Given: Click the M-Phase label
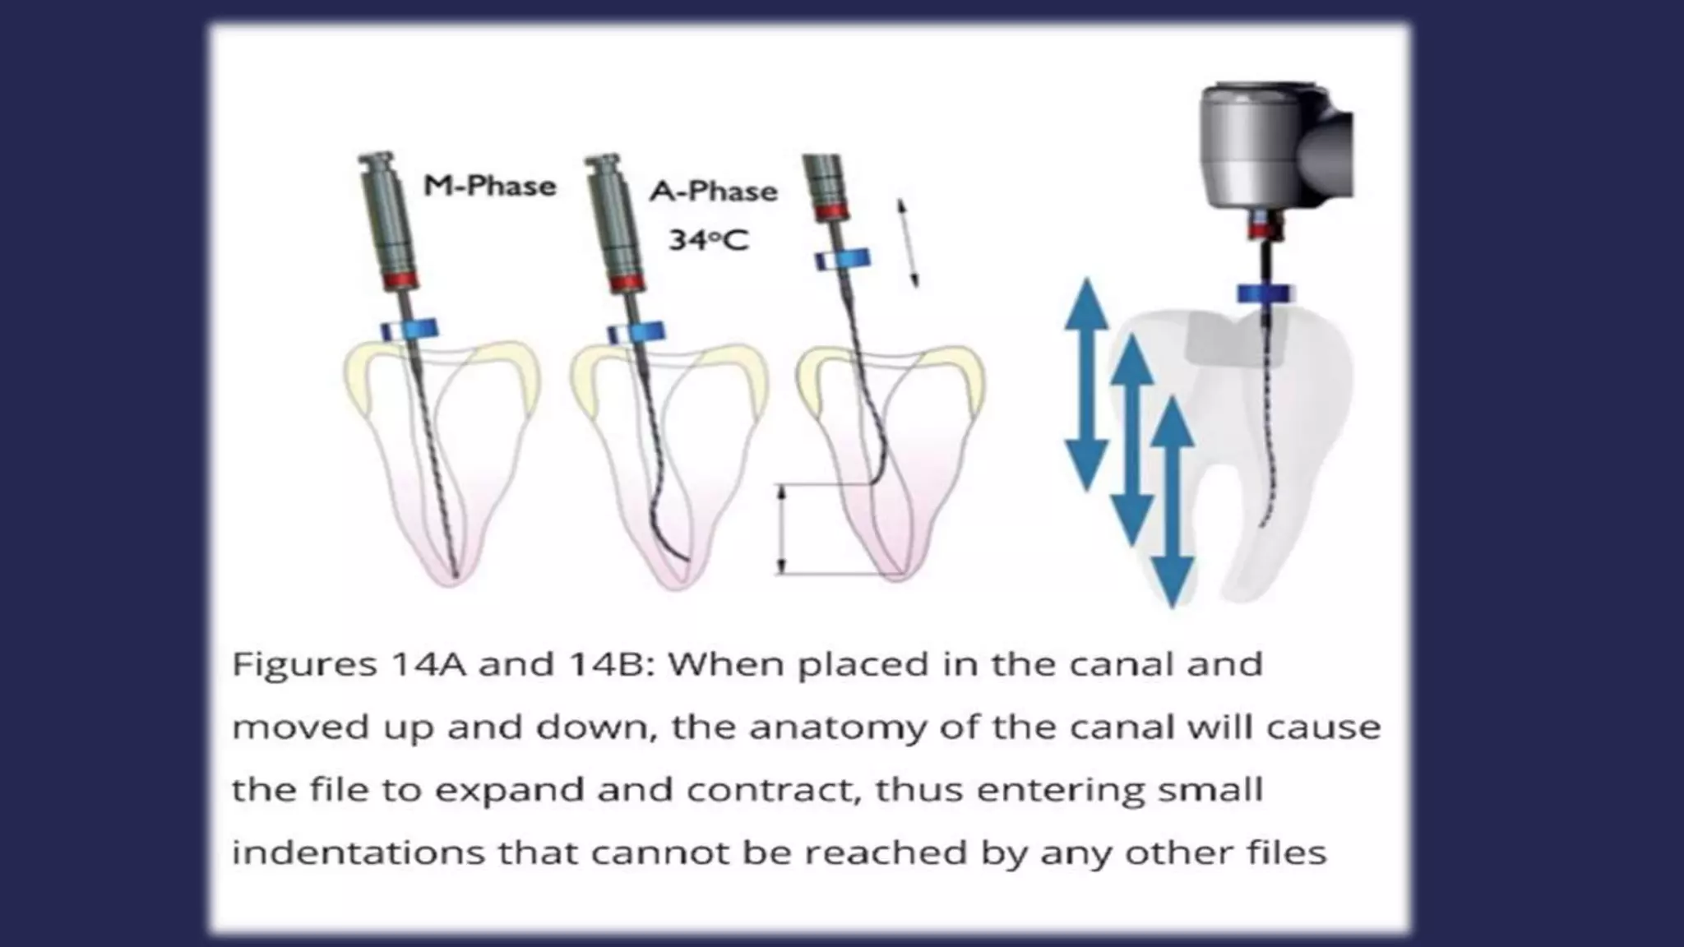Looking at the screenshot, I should tap(490, 186).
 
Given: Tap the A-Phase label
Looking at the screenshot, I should tap(713, 192).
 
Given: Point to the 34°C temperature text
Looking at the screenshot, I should tap(709, 240).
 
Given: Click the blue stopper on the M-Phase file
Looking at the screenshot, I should tap(408, 330).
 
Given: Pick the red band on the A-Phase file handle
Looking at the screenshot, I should tap(627, 283).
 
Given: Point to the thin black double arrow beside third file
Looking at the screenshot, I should tap(908, 243).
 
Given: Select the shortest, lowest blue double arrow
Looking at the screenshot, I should tap(1172, 501).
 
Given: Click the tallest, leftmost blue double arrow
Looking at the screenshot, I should tap(1087, 385).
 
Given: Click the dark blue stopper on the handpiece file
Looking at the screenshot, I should tap(1265, 293).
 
